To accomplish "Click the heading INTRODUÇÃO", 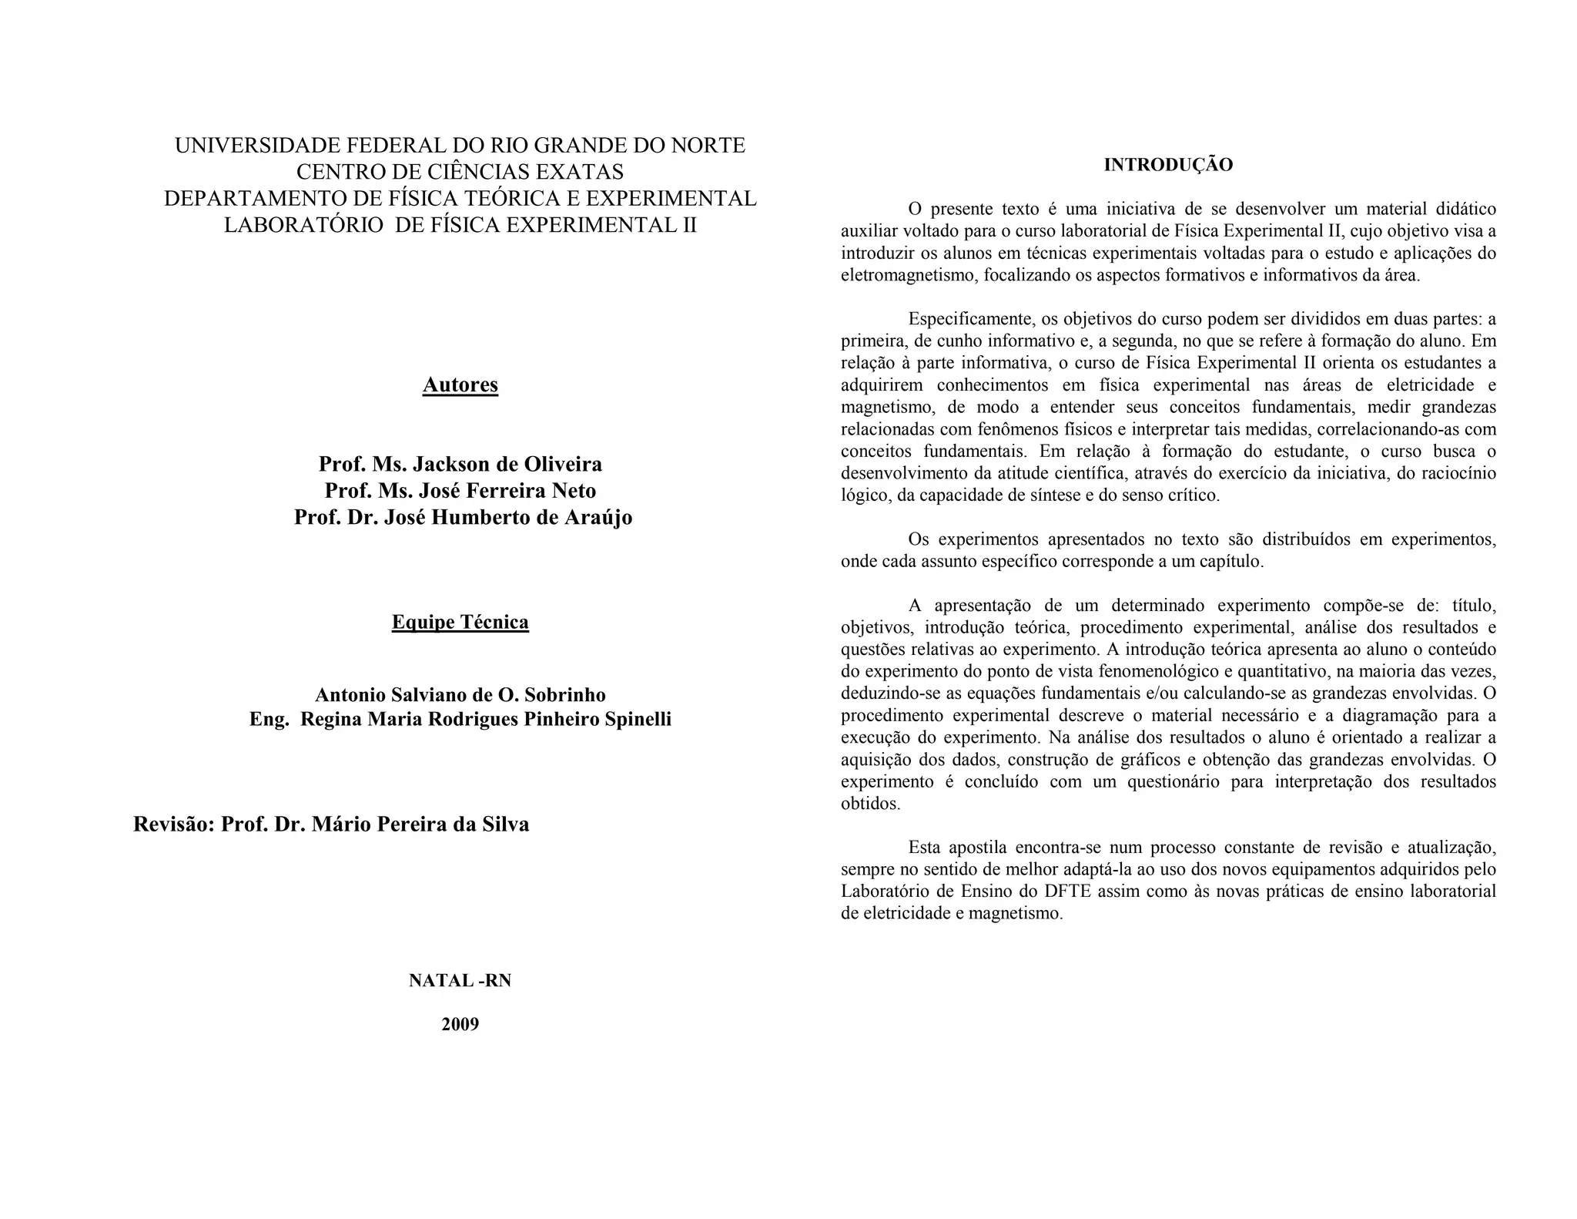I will click(1168, 165).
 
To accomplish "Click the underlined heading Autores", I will click(460, 385).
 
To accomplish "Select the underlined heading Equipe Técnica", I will click(460, 622).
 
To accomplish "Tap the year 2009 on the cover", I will click(460, 1024).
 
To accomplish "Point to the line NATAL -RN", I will click(460, 981).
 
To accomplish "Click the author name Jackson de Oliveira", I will click(507, 464).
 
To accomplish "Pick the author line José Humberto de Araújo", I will click(508, 517).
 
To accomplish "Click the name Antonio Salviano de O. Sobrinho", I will click(460, 695).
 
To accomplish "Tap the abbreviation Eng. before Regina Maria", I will click(270, 719).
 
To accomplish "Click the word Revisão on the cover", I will click(172, 824).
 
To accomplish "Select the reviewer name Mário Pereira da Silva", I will click(420, 824).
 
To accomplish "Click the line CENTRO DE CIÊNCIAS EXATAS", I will click(460, 172).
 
